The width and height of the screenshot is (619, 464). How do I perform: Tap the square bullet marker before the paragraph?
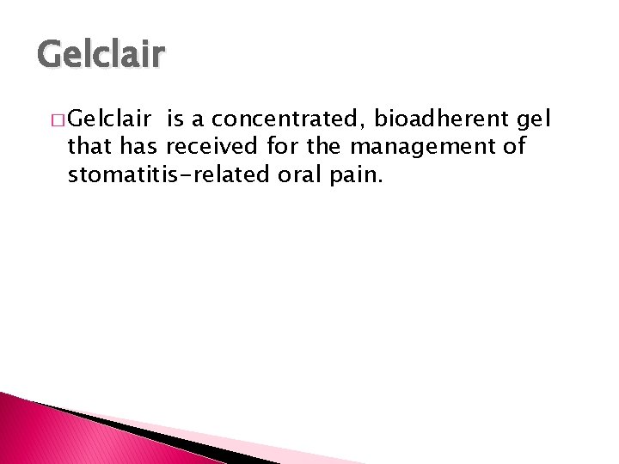click(x=56, y=119)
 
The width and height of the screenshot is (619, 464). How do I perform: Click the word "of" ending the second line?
click(x=513, y=147)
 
